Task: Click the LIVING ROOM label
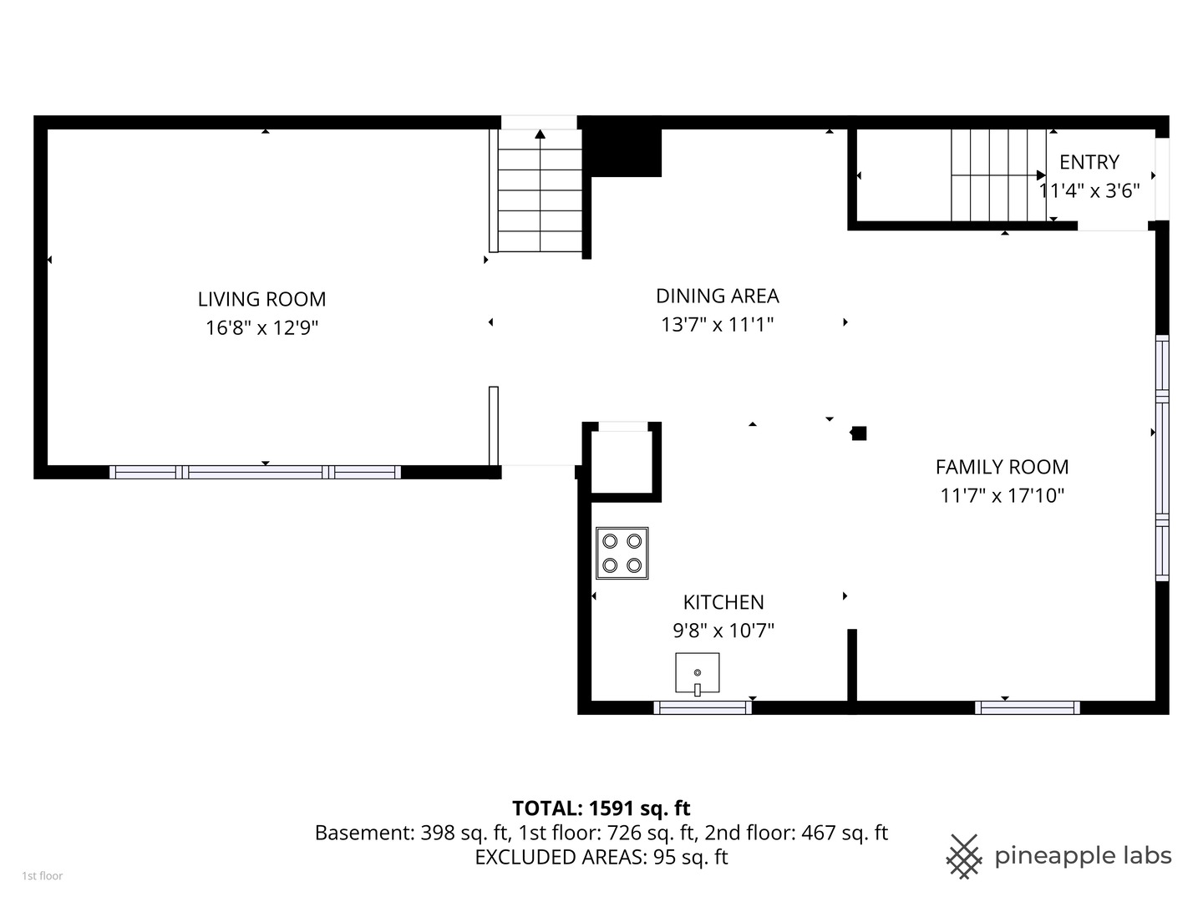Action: pyautogui.click(x=261, y=299)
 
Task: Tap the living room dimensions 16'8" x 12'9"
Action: pyautogui.click(x=261, y=327)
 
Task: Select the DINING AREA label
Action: pyautogui.click(x=717, y=296)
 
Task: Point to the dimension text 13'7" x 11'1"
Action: pyautogui.click(x=717, y=324)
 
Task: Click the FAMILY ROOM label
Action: pyautogui.click(x=1002, y=467)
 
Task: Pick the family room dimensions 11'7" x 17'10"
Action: pyautogui.click(x=1002, y=495)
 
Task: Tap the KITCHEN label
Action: pyautogui.click(x=723, y=602)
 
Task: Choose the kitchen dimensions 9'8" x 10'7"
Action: pyautogui.click(x=723, y=631)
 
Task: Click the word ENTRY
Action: pyautogui.click(x=1089, y=162)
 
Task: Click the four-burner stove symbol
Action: pyautogui.click(x=622, y=553)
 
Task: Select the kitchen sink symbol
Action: pyautogui.click(x=698, y=673)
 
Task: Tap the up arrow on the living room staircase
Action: pyautogui.click(x=541, y=134)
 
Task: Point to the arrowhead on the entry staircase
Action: pyautogui.click(x=1041, y=175)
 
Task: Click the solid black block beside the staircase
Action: pyautogui.click(x=625, y=152)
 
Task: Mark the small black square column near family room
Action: pyautogui.click(x=859, y=433)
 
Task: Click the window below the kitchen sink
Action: pyautogui.click(x=703, y=707)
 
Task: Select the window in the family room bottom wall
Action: pyautogui.click(x=1027, y=707)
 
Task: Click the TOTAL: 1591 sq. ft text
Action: pyautogui.click(x=601, y=808)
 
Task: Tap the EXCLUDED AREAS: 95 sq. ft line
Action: pyautogui.click(x=601, y=857)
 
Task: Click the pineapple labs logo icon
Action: pyautogui.click(x=963, y=856)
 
